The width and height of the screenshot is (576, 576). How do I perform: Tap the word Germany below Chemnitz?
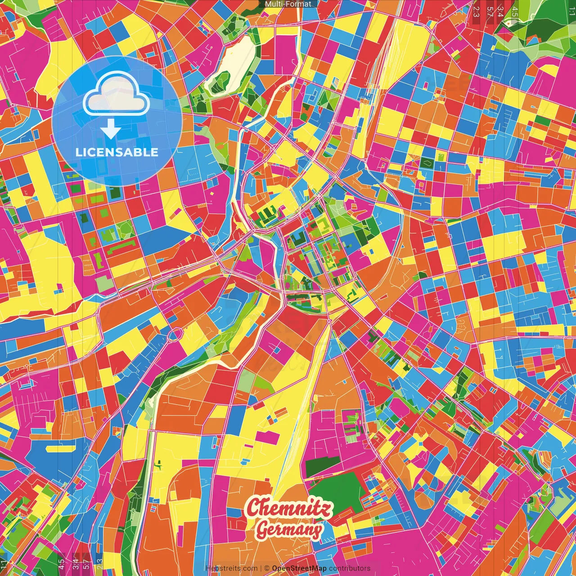click(x=289, y=530)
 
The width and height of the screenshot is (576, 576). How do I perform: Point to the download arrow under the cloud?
click(x=110, y=130)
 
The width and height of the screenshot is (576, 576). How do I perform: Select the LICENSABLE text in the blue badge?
click(x=117, y=152)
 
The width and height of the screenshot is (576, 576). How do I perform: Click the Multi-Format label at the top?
click(x=288, y=4)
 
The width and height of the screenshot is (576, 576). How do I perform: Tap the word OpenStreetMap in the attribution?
click(x=299, y=568)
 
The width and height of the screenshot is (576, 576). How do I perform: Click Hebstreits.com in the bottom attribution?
click(x=231, y=568)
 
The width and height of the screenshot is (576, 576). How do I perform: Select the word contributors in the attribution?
click(x=350, y=568)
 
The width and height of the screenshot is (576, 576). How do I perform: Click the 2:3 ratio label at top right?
click(x=476, y=12)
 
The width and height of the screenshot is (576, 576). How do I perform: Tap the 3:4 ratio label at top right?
click(x=500, y=12)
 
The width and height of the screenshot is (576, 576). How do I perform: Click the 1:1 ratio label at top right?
click(x=571, y=12)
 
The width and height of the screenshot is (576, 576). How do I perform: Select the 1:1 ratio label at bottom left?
click(x=4, y=564)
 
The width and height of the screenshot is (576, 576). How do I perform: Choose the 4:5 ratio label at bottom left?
click(x=61, y=564)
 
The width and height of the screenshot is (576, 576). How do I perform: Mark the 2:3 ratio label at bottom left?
click(x=99, y=564)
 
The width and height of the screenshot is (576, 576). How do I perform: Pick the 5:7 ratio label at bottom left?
click(x=86, y=564)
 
